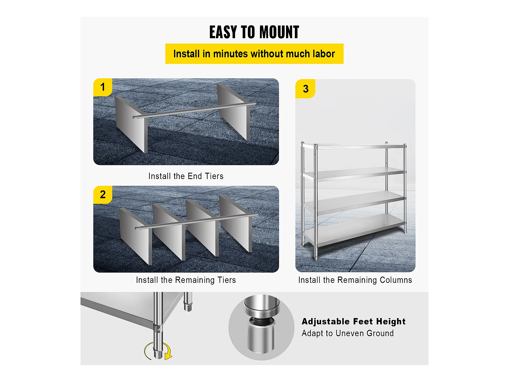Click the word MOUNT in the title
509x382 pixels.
279,32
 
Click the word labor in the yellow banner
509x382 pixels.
324,54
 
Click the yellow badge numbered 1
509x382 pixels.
103,87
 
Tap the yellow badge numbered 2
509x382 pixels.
103,195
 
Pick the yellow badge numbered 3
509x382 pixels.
305,89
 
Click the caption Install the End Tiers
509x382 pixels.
186,176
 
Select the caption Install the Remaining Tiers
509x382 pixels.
186,280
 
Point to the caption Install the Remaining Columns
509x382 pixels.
355,280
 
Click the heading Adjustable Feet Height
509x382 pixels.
354,322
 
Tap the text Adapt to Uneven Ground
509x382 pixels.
348,333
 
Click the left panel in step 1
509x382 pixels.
131,124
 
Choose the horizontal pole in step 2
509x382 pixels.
197,221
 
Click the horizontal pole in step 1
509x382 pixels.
194,110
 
